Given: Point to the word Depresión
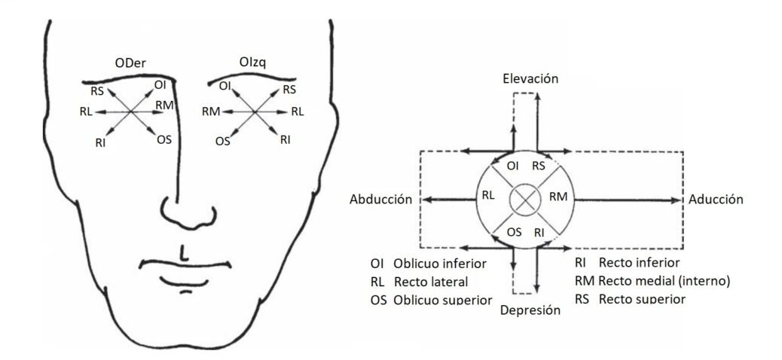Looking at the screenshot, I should pyautogui.click(x=532, y=310).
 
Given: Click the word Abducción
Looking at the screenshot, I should pyautogui.click(x=380, y=200).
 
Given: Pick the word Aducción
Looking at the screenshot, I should pyautogui.click(x=716, y=200).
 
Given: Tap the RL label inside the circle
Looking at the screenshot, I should pyautogui.click(x=489, y=195).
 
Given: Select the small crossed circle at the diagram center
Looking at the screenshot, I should pyautogui.click(x=524, y=200).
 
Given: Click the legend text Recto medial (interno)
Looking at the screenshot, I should pyautogui.click(x=664, y=281).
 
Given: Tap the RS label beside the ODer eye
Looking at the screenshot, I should pyautogui.click(x=96, y=91).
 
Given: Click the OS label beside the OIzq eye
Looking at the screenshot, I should pyautogui.click(x=223, y=140).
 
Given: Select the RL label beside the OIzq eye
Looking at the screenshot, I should pyautogui.click(x=298, y=112).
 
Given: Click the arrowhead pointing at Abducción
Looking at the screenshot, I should pyautogui.click(x=426, y=200).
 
